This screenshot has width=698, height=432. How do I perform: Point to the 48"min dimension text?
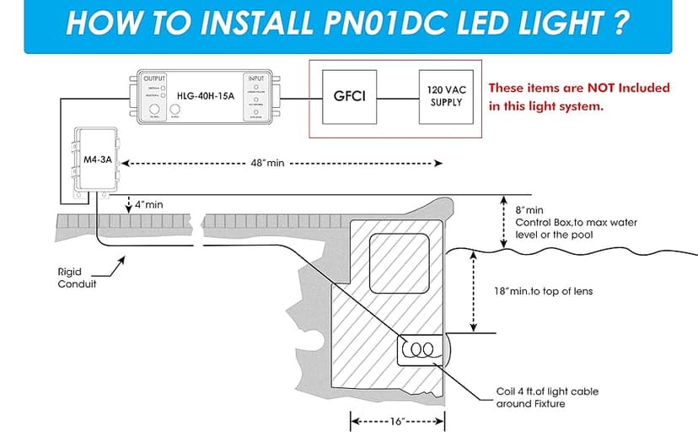[264, 163]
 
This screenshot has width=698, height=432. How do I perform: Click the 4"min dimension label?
[148, 205]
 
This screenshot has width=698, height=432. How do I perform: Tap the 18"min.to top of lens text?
[543, 291]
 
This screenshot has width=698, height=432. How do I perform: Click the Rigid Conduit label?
[72, 278]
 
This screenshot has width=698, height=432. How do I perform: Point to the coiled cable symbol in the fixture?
[419, 348]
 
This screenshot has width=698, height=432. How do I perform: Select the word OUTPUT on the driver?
[155, 78]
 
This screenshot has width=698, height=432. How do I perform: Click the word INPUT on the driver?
[255, 78]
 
